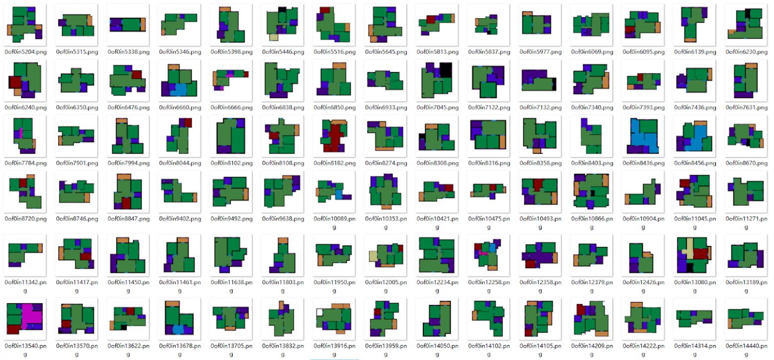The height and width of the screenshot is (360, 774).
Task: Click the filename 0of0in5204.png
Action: (25, 51)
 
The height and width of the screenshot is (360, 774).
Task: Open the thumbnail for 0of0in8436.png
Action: (643, 135)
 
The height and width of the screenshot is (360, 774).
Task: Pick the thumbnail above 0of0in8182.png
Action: (334, 80)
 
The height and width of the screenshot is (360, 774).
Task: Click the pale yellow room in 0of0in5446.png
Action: (272, 37)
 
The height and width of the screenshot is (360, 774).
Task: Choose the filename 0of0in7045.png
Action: (438, 107)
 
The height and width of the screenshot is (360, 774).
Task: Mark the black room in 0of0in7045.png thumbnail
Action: (445, 70)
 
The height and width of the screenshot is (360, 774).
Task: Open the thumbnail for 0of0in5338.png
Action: (128, 24)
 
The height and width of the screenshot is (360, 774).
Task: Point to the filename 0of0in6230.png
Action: (746, 51)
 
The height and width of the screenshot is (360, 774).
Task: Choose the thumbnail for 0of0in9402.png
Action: (179, 191)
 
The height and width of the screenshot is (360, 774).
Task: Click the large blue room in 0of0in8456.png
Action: (699, 136)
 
